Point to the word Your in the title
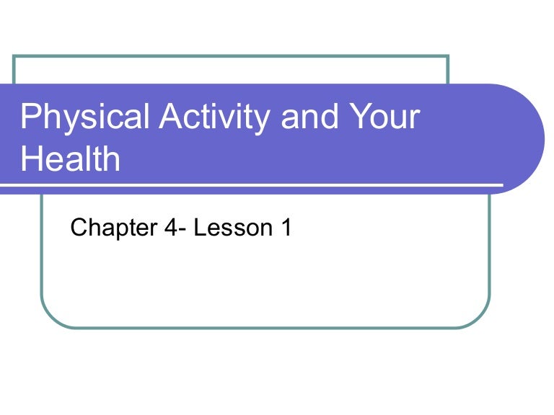pos(383,117)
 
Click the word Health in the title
pos(70,159)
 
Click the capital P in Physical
pos(30,117)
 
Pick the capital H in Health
pos(32,159)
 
